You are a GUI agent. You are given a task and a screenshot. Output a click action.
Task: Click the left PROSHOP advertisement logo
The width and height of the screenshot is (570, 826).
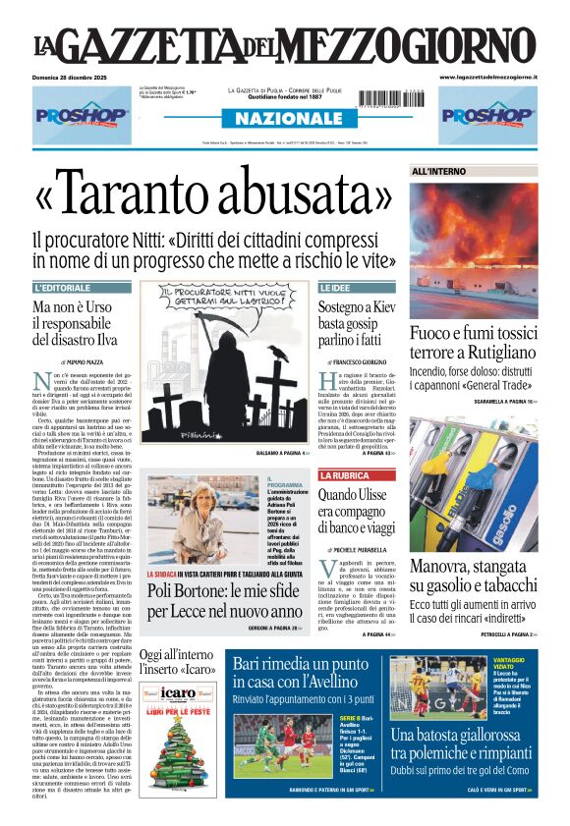click(82, 115)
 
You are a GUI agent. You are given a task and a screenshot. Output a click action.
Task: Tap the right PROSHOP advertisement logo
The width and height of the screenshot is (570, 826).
click(488, 115)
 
